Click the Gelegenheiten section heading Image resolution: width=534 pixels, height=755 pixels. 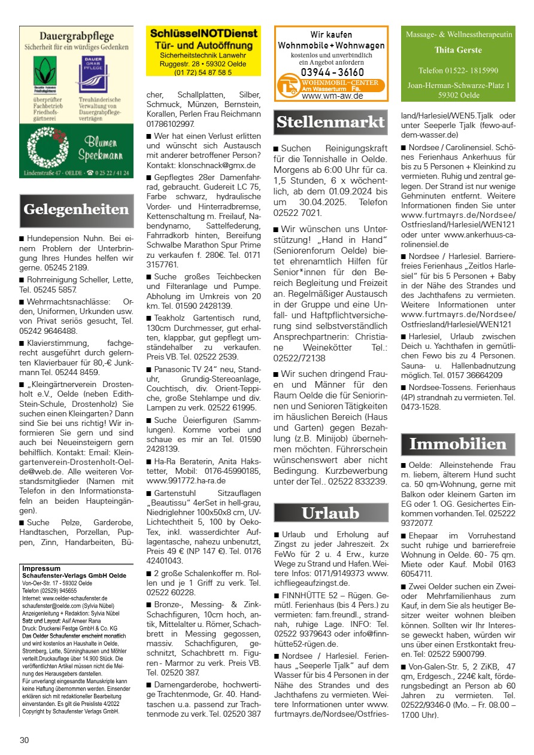(x=76, y=209)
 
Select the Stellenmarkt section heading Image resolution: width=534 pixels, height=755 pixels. (x=330, y=123)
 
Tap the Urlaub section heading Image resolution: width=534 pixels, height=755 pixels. (x=330, y=513)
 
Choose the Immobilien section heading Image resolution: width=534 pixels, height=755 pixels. (x=458, y=445)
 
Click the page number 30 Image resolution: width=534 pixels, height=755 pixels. (x=24, y=740)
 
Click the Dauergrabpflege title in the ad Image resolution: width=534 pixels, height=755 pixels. (x=76, y=36)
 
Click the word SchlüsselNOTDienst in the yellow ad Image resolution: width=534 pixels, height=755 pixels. (x=204, y=34)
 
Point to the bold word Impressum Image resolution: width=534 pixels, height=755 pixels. (x=41, y=568)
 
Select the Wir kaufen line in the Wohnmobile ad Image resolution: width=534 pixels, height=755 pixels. (x=331, y=35)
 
